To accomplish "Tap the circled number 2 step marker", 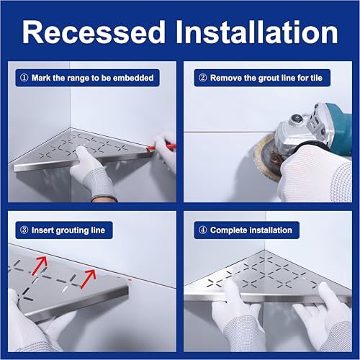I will tap(203, 77).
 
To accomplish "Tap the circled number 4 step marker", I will tap(203, 230).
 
